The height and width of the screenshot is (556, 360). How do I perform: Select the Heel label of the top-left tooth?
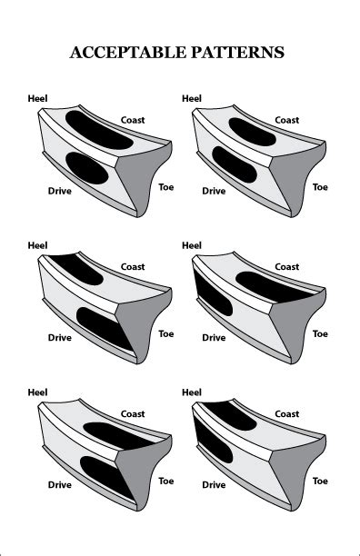coord(38,97)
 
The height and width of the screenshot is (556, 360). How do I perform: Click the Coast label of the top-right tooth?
coord(287,120)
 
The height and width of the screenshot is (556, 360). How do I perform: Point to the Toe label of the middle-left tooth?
coord(166,333)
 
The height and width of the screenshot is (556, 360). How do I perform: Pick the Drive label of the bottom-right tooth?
coord(214,485)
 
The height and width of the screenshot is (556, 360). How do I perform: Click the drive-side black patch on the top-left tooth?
coord(86,168)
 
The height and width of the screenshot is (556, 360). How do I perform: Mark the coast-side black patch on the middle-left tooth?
coord(76,267)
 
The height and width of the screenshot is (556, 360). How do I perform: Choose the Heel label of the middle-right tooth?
coord(192,245)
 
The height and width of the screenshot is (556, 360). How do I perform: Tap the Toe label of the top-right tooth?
coord(320,186)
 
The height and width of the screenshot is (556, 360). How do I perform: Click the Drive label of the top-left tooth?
coord(60,191)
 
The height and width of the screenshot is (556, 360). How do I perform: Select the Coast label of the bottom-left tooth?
coord(133,414)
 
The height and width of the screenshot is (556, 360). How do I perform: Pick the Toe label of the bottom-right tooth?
coord(320,481)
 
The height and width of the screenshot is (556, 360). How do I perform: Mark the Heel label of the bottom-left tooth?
coord(38,392)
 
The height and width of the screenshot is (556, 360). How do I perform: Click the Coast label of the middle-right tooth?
coord(287,267)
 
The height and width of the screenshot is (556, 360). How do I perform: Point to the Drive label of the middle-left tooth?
coord(60,338)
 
